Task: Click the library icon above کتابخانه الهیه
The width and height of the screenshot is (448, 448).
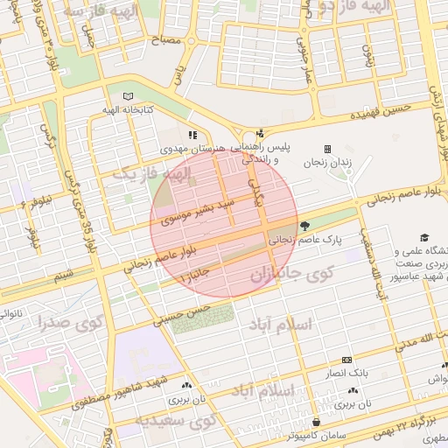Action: (x=129, y=95)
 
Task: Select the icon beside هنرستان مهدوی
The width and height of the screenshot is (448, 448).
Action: (x=192, y=135)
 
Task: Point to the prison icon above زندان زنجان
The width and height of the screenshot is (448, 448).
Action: (x=328, y=149)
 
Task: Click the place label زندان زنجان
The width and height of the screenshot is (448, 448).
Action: (x=327, y=163)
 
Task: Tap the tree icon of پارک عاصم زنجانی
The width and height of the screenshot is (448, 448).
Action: (x=304, y=226)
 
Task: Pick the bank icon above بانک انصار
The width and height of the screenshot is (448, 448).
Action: (x=346, y=360)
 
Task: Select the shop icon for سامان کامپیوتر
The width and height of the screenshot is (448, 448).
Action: (x=315, y=422)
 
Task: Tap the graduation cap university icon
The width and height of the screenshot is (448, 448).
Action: (x=424, y=237)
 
